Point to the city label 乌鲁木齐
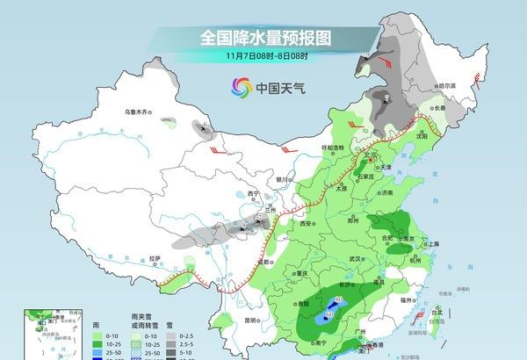pos(139,112)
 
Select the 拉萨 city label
pos(155,258)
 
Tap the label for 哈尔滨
pos(448,85)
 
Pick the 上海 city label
pos(431,243)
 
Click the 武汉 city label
pos(355,259)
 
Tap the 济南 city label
pos(387,191)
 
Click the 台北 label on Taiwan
pos(437,311)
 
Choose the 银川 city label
pos(281,179)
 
